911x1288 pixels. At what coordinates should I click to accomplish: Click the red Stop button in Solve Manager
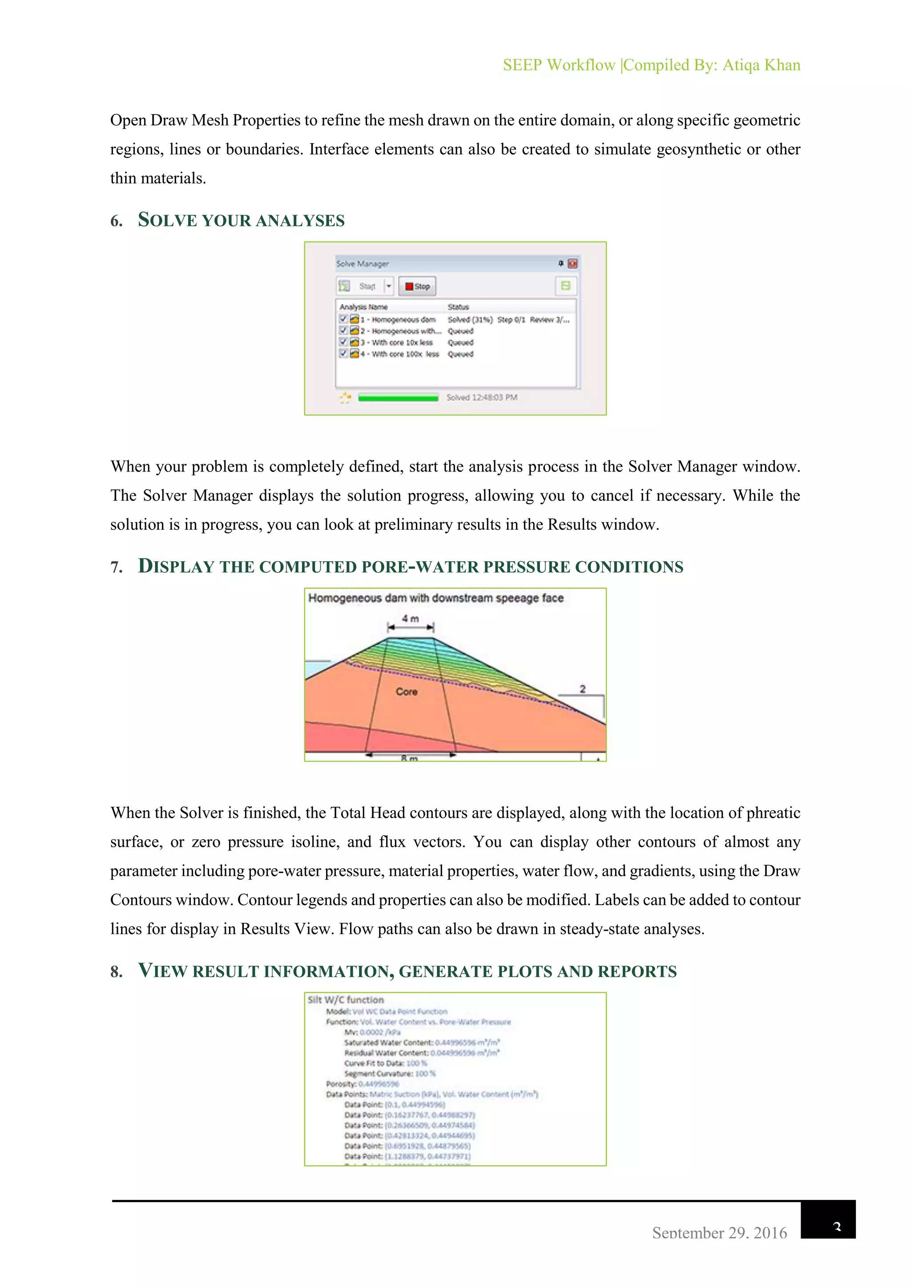click(x=417, y=286)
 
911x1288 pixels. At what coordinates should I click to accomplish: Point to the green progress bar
click(x=398, y=398)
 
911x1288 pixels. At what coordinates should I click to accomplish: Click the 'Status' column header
click(x=458, y=307)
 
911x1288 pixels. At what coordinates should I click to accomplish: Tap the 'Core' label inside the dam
click(x=406, y=692)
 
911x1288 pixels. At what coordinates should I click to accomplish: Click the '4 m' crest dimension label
click(x=410, y=618)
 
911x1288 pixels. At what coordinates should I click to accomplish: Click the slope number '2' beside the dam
click(x=582, y=689)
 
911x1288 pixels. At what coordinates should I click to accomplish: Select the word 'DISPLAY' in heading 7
click(x=176, y=566)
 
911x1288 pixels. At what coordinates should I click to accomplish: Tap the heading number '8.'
click(x=117, y=972)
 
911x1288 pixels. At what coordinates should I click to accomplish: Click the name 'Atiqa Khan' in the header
click(x=761, y=65)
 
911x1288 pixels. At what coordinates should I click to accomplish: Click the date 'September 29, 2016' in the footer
click(x=719, y=1232)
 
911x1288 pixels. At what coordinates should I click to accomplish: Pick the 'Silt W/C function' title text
click(x=346, y=1000)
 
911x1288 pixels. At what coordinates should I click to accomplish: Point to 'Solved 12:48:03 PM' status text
click(x=481, y=397)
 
